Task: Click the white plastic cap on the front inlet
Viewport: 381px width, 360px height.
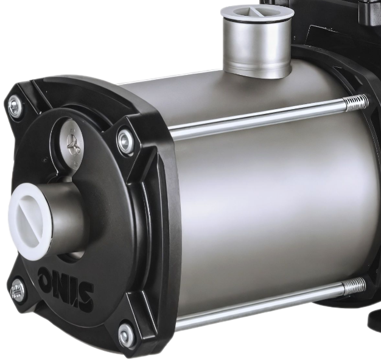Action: coord(30,221)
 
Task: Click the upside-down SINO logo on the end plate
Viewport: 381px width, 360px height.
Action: coord(66,288)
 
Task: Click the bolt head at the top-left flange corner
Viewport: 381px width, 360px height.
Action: coord(14,106)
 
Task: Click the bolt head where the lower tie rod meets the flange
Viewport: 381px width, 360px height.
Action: coord(127,336)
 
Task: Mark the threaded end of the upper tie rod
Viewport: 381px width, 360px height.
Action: coord(355,103)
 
